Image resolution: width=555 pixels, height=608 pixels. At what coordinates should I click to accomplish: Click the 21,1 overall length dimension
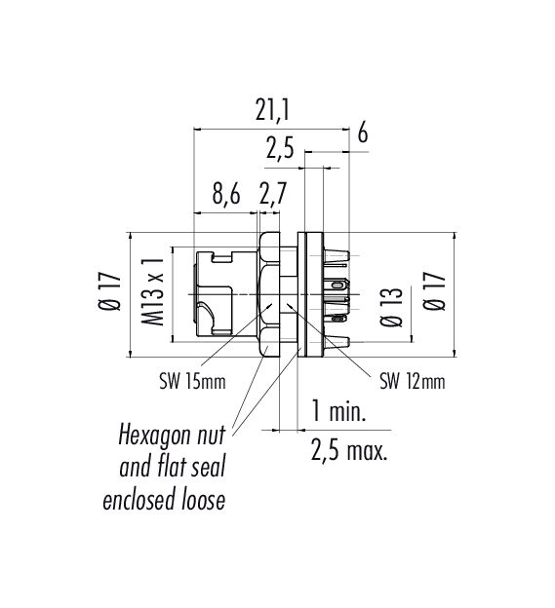[x=272, y=111]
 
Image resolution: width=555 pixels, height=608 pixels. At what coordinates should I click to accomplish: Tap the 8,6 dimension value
[x=226, y=194]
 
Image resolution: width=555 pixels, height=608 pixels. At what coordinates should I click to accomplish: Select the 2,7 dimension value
[x=273, y=194]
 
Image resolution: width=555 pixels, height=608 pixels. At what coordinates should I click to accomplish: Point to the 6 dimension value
[x=362, y=133]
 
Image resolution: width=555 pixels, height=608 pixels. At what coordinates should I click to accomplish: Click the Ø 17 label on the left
[x=110, y=291]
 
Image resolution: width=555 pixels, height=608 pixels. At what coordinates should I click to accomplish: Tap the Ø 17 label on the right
[x=433, y=290]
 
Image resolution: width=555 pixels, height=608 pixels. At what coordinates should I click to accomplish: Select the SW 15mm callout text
[x=192, y=382]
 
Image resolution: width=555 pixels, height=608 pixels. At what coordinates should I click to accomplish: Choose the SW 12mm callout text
[x=413, y=382]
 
